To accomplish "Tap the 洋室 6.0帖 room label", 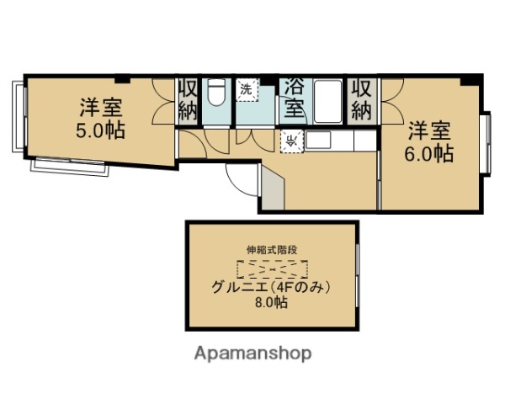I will [430, 142].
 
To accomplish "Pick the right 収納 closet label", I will [361, 99].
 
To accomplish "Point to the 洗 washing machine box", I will [247, 88].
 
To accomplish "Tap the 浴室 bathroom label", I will [294, 98].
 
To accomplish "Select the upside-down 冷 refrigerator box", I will [291, 141].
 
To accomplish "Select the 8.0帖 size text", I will [271, 302].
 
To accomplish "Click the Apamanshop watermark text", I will [252, 353].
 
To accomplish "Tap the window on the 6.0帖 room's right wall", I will [486, 143].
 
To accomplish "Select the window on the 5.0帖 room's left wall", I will [17, 118].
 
